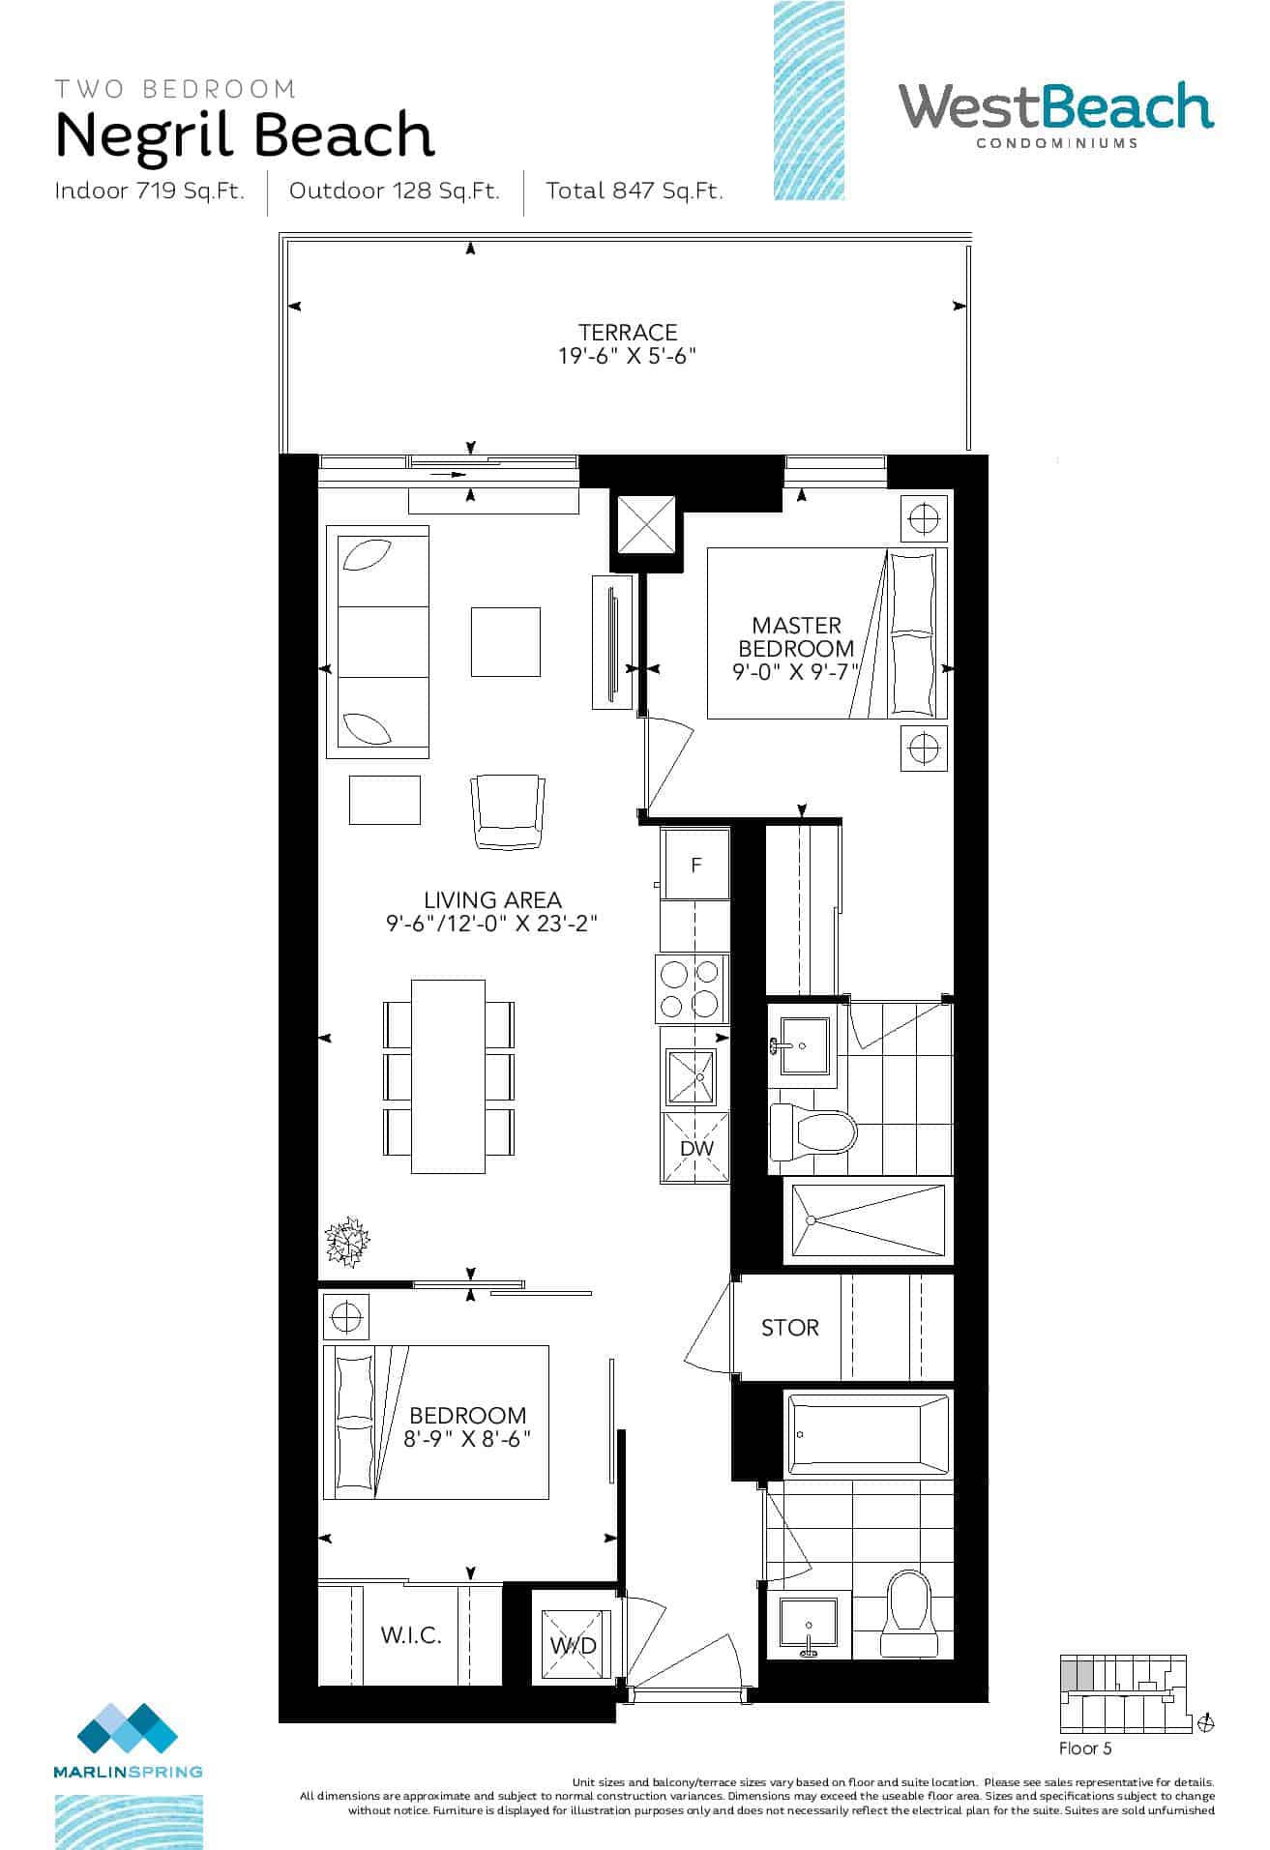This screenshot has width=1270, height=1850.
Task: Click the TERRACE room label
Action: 628,332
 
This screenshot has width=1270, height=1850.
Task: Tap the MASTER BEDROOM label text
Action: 796,637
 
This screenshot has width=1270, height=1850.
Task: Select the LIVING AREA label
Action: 492,900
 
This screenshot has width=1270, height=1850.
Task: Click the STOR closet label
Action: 789,1328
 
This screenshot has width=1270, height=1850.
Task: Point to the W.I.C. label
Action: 411,1635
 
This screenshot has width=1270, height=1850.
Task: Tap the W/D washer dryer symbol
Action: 575,1645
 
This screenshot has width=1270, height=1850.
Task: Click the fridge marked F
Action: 695,866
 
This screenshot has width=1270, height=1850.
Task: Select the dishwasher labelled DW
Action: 695,1148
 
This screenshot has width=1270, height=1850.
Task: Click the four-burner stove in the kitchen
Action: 693,988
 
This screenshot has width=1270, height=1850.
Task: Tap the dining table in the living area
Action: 449,1076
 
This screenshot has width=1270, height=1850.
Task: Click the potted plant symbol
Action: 347,1240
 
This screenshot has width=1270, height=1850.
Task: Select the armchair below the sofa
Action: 507,811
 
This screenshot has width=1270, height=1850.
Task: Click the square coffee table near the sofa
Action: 506,642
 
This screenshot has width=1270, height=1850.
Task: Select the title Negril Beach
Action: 245,135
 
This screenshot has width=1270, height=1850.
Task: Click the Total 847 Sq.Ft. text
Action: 635,191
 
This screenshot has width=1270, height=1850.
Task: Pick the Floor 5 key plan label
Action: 1085,1748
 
